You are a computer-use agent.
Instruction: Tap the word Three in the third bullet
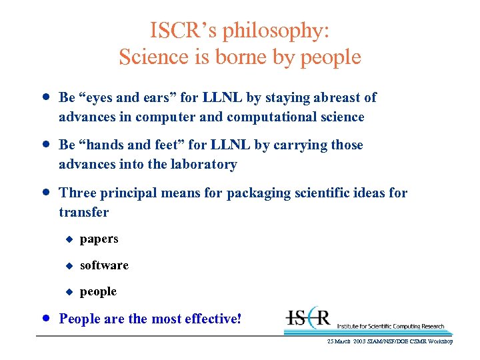point(78,193)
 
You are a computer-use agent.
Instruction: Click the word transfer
point(83,213)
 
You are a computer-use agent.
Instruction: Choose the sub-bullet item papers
point(99,239)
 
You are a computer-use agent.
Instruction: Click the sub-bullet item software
point(104,265)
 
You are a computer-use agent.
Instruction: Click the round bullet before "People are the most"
point(45,318)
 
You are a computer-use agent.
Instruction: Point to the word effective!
point(211,319)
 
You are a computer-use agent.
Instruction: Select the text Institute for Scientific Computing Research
point(390,326)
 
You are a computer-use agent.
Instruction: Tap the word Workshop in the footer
point(439,341)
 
